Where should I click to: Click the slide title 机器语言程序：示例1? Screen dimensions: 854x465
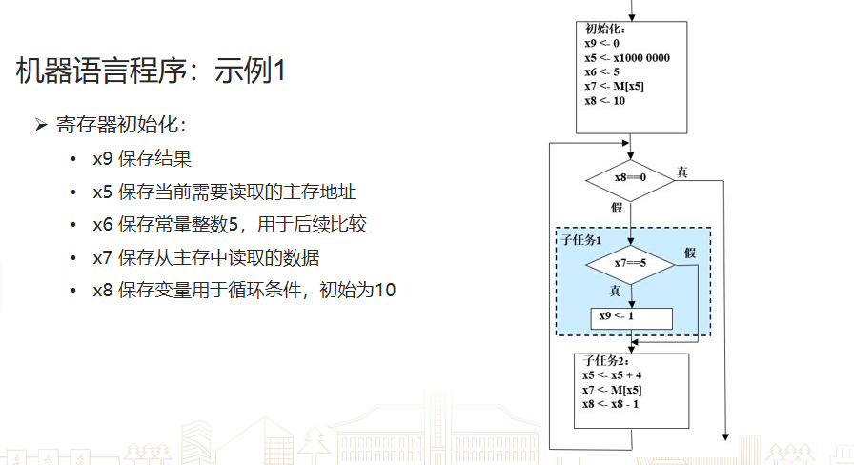pos(151,71)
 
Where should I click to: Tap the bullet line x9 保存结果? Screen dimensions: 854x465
pos(142,159)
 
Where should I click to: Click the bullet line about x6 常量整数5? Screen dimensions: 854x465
pos(229,225)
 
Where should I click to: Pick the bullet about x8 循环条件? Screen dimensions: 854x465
pos(243,290)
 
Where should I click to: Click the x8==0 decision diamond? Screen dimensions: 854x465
pos(630,177)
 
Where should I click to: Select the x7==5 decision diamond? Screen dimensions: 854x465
pos(630,263)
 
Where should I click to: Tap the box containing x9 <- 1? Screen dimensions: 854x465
pos(631,317)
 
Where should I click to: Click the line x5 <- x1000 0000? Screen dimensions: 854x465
pos(626,58)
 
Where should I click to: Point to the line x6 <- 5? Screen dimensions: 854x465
pos(602,72)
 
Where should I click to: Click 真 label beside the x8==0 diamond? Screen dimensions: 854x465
pos(682,172)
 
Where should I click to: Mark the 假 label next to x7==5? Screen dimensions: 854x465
pos(690,253)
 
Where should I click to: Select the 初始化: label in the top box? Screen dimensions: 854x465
pos(605,29)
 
